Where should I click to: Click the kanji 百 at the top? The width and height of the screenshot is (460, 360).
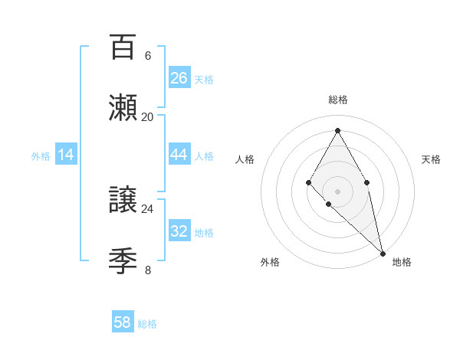point(123,47)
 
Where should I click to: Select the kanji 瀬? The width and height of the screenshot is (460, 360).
point(123,109)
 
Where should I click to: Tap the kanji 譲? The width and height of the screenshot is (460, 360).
point(123,200)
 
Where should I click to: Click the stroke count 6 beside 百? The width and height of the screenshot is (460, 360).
point(147,56)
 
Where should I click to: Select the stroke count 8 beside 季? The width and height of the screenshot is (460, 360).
point(147,270)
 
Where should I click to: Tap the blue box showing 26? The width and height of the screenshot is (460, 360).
point(179,78)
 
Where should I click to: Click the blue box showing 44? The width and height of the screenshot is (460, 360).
point(179,155)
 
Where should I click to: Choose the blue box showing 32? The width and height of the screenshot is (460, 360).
point(179,231)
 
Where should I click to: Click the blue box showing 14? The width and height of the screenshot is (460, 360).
point(66,155)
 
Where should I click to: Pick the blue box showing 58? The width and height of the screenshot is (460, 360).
point(123,322)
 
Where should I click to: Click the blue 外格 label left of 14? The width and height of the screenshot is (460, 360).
point(41,156)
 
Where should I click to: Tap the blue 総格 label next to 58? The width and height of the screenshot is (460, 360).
point(147,324)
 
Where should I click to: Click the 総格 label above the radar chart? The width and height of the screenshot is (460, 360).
point(337,100)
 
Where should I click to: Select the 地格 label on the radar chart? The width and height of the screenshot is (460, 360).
point(402,262)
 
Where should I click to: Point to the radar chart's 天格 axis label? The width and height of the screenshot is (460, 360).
point(431,159)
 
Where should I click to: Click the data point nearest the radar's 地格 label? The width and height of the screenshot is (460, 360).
point(382,253)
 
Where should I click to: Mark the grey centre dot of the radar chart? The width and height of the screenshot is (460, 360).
point(337,191)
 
